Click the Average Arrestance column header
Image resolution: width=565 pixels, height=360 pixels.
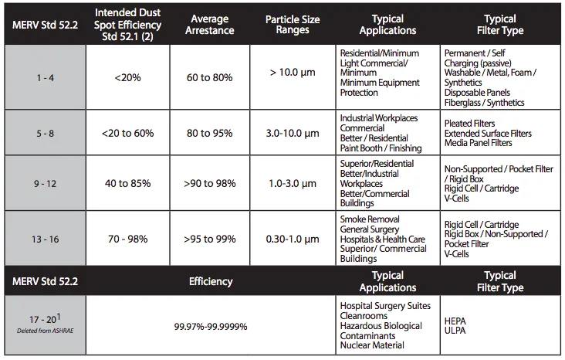210,25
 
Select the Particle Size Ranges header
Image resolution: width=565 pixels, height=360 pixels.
293,25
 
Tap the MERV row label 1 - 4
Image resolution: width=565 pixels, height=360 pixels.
46,78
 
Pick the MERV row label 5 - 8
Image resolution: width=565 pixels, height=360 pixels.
46,134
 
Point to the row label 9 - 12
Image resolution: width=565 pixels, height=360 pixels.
46,184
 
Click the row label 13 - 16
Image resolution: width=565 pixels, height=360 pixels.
46,239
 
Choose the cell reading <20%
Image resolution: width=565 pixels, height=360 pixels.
127,77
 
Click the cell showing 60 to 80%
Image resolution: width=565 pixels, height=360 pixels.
210,77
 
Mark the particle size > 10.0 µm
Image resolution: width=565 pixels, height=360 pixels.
293,73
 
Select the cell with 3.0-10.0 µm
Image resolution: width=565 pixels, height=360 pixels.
293,134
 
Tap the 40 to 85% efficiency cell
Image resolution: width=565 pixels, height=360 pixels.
127,184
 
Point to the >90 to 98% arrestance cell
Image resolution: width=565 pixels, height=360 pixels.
210,184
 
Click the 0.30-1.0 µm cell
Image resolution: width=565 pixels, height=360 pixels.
293,239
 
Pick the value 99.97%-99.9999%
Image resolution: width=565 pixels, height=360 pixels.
211,327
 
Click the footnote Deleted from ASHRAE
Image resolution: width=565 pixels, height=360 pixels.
46,331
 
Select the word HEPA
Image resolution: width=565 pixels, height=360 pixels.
455,321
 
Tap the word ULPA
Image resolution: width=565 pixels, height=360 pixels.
455,331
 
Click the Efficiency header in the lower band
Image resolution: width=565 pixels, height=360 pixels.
211,281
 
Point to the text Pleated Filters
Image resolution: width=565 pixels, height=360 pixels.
469,124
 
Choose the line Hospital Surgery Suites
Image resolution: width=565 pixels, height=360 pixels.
385,306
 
